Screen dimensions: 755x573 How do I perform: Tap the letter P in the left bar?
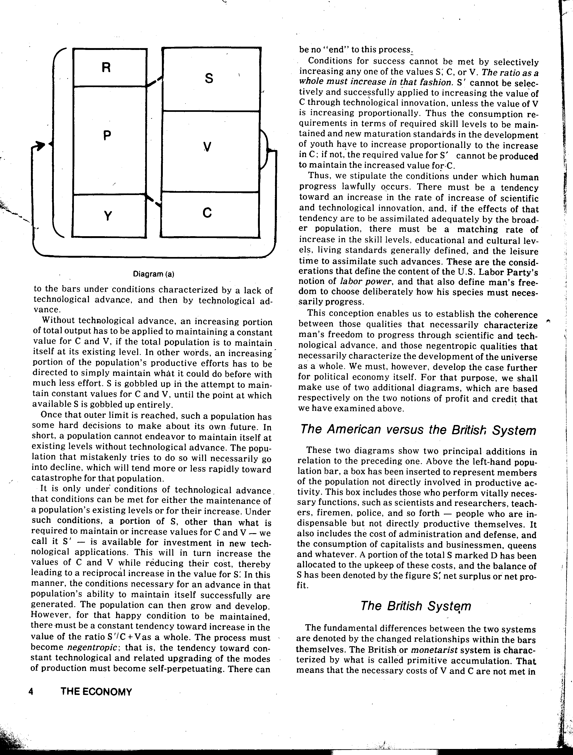107,136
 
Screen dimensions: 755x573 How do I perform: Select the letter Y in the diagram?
108,216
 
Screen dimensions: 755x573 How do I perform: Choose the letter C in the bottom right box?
207,213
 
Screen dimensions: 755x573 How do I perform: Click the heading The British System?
415,606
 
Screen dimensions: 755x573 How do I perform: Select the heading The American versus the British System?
418,430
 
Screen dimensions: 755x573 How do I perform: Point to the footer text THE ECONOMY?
96,692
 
